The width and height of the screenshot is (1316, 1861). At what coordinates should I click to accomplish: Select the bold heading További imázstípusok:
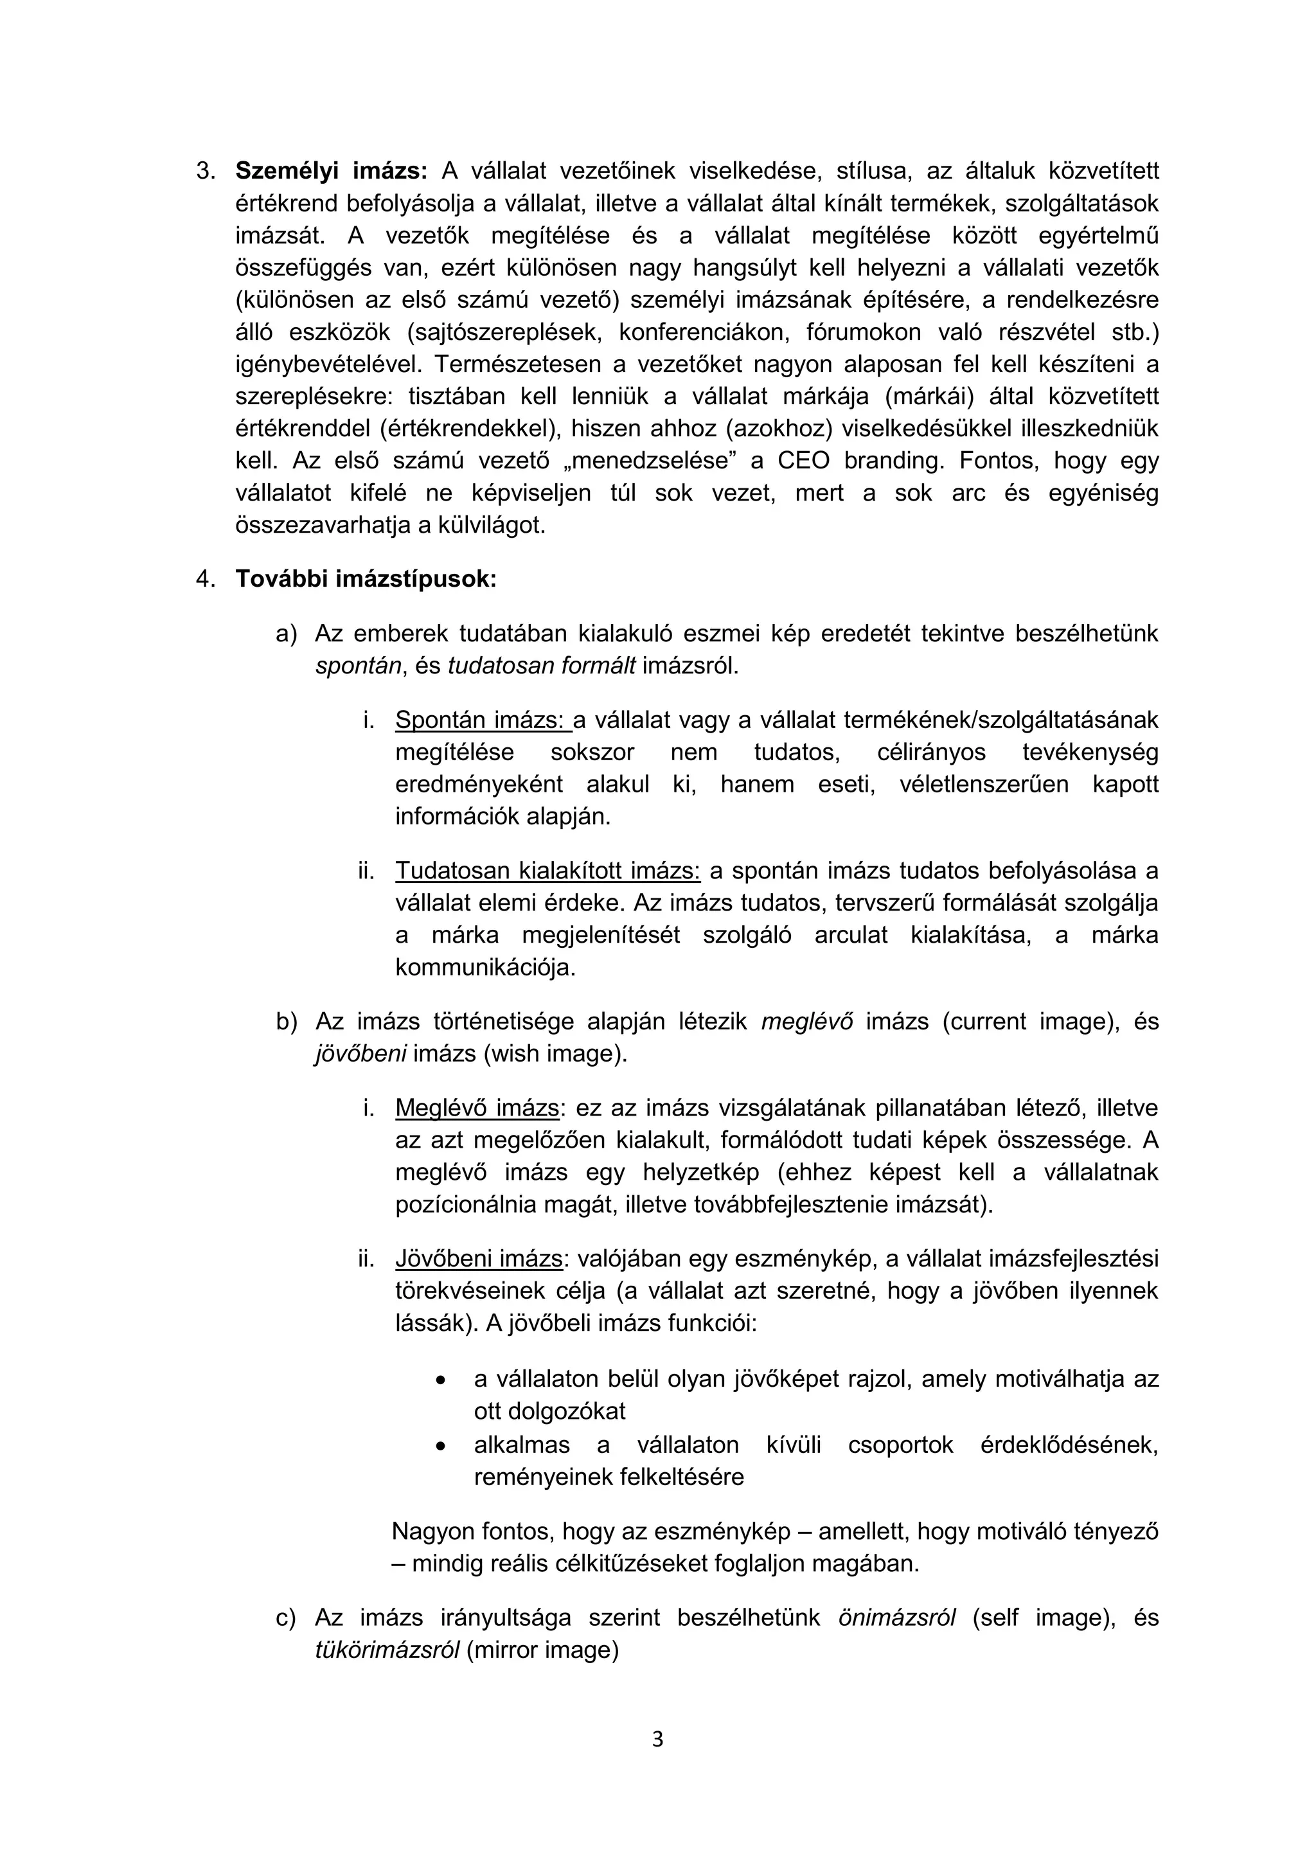coord(366,579)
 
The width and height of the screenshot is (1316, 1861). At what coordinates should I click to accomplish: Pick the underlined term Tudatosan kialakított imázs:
coord(547,871)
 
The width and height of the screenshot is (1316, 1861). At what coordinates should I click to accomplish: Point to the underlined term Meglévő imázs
coord(477,1108)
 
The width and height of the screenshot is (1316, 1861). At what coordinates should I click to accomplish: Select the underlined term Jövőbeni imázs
coord(478,1259)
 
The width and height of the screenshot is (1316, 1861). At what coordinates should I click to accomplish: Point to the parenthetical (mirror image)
coord(542,1650)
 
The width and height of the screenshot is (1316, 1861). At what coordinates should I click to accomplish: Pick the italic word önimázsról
coord(896,1618)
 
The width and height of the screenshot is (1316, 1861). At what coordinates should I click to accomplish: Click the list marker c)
coord(286,1618)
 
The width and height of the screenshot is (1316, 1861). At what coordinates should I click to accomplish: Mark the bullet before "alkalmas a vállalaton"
coord(440,1445)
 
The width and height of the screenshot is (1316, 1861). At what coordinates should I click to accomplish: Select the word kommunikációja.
coord(485,967)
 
